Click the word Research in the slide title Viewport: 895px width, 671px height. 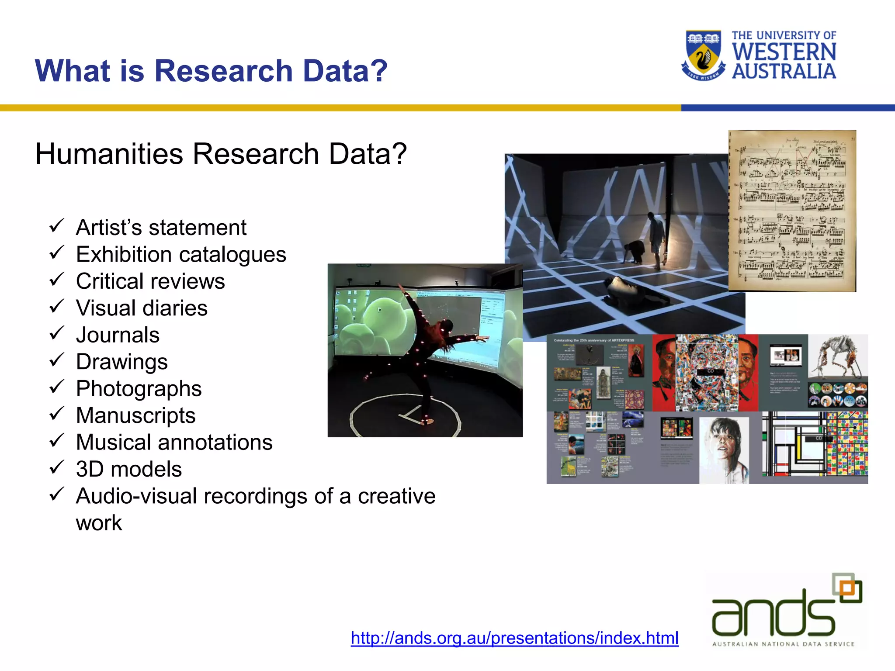(x=223, y=71)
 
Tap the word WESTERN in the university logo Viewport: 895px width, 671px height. (x=784, y=52)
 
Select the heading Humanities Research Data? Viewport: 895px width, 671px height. (x=221, y=154)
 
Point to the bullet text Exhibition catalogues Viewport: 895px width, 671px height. (x=181, y=254)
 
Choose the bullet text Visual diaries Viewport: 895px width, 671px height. (x=142, y=308)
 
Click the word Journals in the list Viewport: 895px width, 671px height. (x=118, y=335)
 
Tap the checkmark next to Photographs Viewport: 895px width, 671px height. (x=56, y=387)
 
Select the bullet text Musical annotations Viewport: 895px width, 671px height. (x=174, y=442)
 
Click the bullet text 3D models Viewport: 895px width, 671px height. (x=128, y=469)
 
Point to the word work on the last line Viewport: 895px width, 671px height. (x=99, y=523)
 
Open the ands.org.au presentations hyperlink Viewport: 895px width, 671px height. (x=514, y=638)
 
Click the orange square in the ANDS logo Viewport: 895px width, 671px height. (x=847, y=588)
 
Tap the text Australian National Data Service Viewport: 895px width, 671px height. (x=783, y=644)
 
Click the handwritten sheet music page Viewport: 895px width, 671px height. (x=792, y=211)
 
